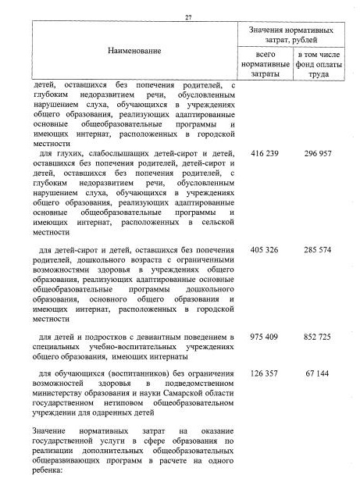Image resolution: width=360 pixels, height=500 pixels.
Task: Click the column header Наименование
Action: click(x=131, y=51)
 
